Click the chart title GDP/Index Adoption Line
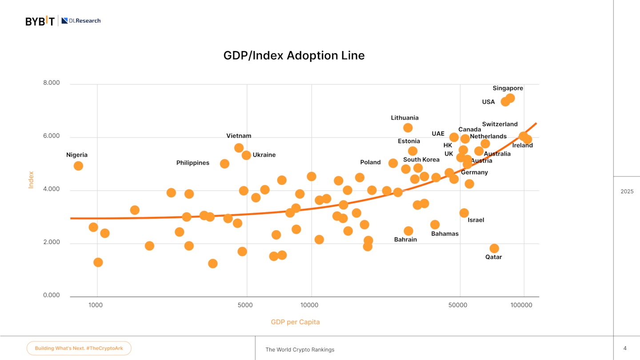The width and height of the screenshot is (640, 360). pos(294,56)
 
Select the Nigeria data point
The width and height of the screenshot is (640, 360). pos(78,166)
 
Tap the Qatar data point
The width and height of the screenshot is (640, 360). pos(494,248)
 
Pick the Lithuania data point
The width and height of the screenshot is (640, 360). pos(408,128)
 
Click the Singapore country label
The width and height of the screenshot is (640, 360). pos(508,88)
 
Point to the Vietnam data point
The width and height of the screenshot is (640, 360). pos(239,148)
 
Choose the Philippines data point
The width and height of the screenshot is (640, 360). pos(224,164)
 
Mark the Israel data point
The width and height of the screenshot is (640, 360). pos(464,213)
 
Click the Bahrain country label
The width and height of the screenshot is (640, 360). pos(405,240)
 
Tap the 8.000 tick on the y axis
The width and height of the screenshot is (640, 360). pos(52,83)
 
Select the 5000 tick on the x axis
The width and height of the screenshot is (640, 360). pos(245,305)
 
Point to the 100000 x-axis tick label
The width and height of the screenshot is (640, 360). pos(521,305)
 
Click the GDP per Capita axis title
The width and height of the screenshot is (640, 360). pos(295,322)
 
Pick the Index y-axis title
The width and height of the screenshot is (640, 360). pos(31,180)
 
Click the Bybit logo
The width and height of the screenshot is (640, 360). pos(40,21)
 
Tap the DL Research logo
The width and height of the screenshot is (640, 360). pos(81,20)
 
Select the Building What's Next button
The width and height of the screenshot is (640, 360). pos(79,348)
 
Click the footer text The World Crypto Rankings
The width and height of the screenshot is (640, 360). pos(300,350)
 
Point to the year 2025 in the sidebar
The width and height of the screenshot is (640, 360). pos(627,192)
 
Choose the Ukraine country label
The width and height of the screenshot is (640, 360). pos(264,155)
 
